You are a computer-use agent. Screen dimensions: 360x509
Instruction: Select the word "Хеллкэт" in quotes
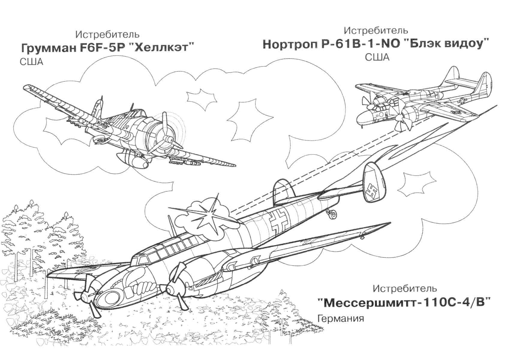click(x=163, y=48)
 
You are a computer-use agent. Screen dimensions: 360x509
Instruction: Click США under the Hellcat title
click(x=31, y=62)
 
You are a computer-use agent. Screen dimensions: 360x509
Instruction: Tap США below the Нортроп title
click(x=377, y=57)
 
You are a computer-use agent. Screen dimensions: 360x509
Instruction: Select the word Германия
click(x=340, y=318)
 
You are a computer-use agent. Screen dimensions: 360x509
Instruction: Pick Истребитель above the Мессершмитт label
click(x=405, y=289)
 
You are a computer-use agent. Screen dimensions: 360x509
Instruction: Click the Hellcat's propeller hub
click(x=168, y=139)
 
